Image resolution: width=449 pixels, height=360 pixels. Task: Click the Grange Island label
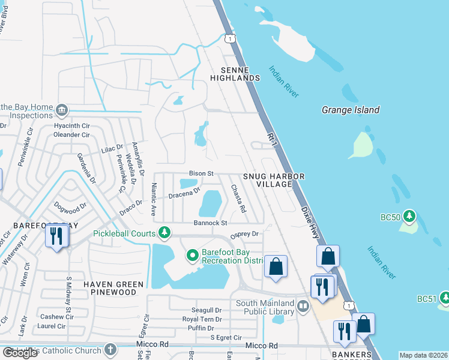[x=351, y=110]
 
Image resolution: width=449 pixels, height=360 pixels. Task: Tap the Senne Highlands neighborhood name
[x=235, y=74]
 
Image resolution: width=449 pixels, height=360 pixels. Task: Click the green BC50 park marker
[x=409, y=215]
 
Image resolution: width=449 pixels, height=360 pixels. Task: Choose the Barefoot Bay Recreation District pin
[x=193, y=256]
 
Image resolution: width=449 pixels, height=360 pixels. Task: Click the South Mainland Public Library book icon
[x=304, y=307]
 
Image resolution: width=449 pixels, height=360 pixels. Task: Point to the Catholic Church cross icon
[x=110, y=349]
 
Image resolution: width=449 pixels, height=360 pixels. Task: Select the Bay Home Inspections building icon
[x=62, y=110]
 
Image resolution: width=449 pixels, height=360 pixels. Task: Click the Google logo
[x=20, y=353]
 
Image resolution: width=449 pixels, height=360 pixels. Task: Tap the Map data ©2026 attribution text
[x=423, y=355]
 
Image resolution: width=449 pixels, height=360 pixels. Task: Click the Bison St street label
[x=201, y=173]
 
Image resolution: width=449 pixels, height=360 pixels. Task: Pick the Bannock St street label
[x=209, y=223]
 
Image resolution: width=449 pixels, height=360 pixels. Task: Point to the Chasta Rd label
[x=238, y=199]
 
